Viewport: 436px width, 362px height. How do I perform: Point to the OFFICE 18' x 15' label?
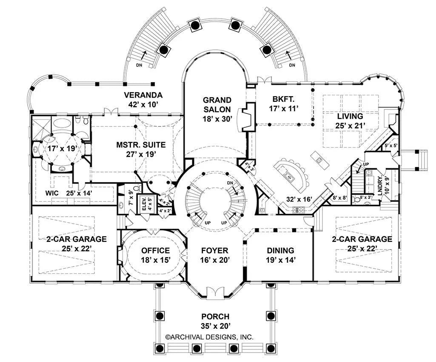click(x=156, y=255)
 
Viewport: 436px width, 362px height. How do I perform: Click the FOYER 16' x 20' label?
click(x=215, y=255)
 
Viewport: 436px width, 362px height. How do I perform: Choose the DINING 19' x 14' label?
click(x=280, y=255)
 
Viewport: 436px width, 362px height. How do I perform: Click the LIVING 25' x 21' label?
click(x=350, y=121)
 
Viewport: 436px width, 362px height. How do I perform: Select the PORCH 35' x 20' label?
click(x=215, y=322)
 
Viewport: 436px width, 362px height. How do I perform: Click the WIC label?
click(x=52, y=193)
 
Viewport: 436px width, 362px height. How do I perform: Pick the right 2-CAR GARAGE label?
click(x=362, y=243)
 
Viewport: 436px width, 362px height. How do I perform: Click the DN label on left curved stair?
click(x=139, y=66)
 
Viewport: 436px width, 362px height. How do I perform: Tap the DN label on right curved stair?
click(x=292, y=66)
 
